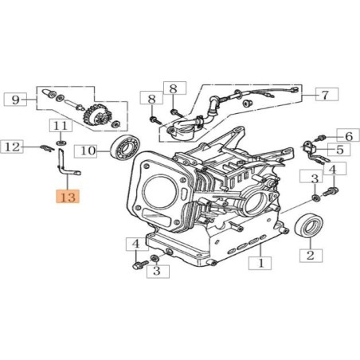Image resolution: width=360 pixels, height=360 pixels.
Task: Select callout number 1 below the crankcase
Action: click(x=260, y=261)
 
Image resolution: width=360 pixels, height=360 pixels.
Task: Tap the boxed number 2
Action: click(x=310, y=256)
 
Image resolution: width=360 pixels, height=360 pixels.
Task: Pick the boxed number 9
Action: click(x=14, y=100)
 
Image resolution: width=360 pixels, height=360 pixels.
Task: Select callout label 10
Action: click(x=89, y=149)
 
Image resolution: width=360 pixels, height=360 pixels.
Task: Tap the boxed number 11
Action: click(x=61, y=126)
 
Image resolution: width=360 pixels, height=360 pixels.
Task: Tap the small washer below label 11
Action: click(x=61, y=143)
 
